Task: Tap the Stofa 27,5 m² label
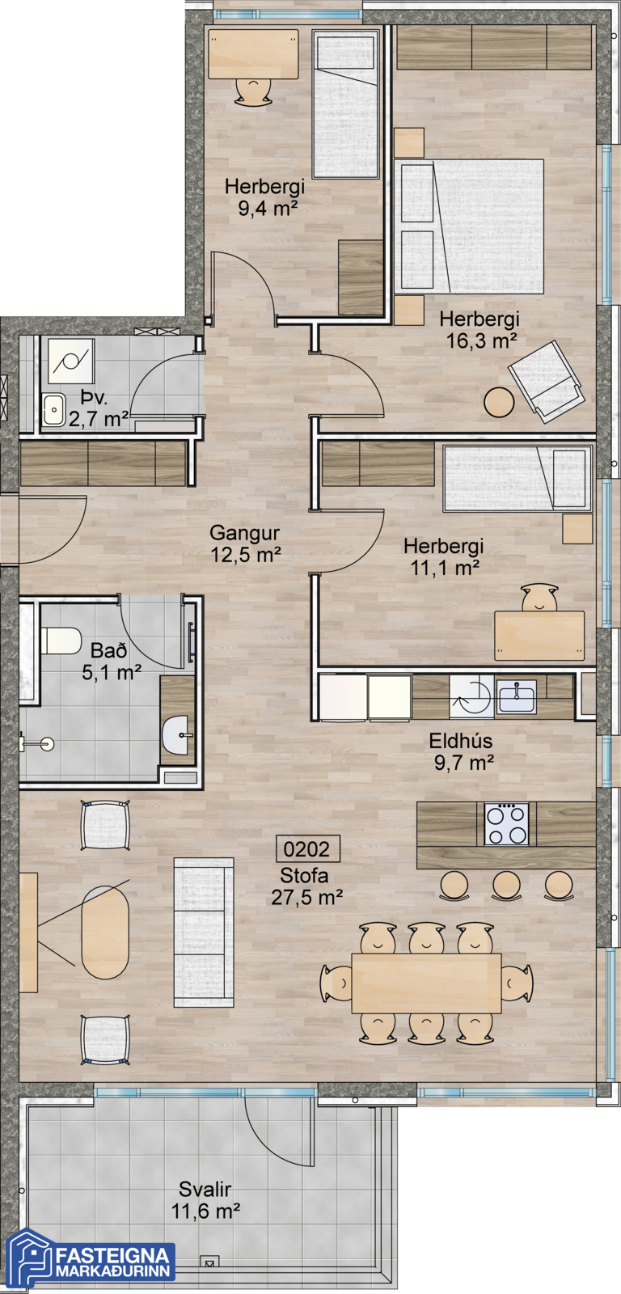coord(306,886)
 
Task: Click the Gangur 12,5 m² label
coord(245,543)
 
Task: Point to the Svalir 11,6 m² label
coord(205,1199)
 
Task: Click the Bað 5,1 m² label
coord(110,662)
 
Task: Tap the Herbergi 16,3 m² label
coord(479,329)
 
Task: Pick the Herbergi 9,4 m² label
coord(264,197)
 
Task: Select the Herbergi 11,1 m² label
coord(444,557)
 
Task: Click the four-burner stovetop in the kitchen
coord(507,824)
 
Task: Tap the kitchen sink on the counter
coord(517,696)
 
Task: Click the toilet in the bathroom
coord(60,641)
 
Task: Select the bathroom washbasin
coord(177,735)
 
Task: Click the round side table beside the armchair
coord(499,402)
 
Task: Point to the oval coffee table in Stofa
coord(104,932)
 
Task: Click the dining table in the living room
coord(426,983)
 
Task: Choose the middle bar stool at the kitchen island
coord(506,885)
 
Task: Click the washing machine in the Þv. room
coord(70,361)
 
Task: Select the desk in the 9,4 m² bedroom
coord(254,53)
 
